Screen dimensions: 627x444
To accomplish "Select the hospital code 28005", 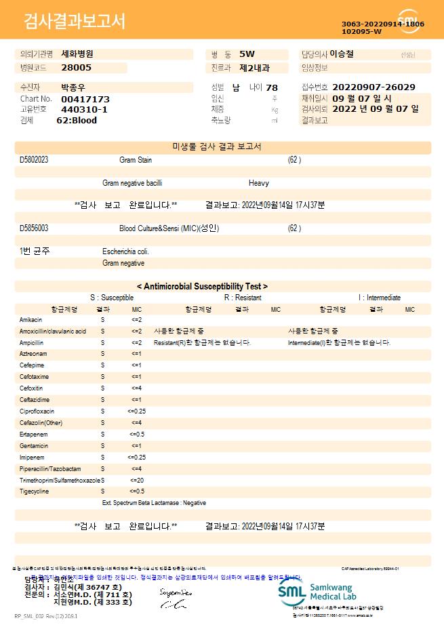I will tap(76, 67).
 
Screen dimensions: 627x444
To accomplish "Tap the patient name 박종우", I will tap(73, 87).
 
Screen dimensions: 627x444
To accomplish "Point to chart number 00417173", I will tap(85, 99).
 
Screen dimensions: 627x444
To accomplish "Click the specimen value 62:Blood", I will tap(77, 120).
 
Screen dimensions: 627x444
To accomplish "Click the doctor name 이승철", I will tap(341, 54).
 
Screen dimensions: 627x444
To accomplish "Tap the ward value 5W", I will tap(247, 54).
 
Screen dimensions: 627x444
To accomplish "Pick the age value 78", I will tap(272, 87).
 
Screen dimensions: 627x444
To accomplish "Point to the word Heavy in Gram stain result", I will tap(259, 183).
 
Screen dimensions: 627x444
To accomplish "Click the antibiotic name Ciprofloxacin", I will tap(37, 411).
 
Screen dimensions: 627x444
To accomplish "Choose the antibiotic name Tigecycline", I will tap(35, 491).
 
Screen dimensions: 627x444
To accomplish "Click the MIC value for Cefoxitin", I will tap(136, 388).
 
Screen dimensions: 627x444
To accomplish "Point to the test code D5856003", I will tap(34, 228).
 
